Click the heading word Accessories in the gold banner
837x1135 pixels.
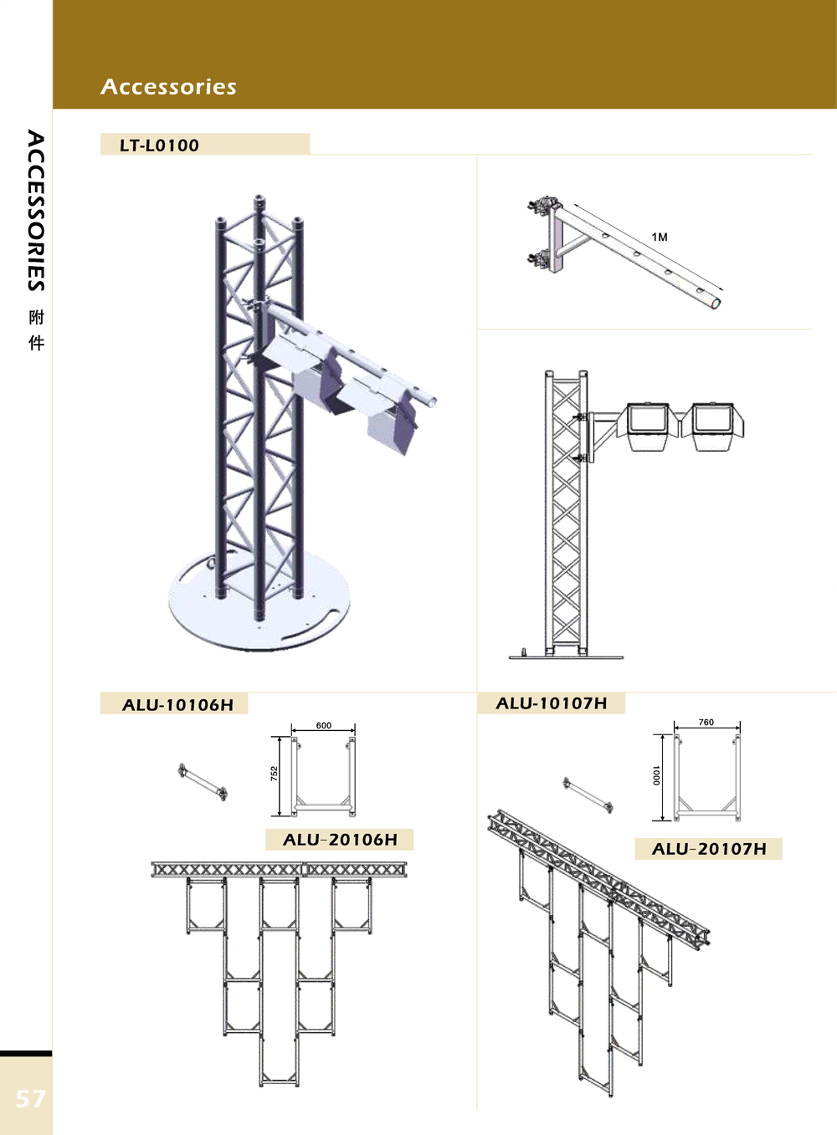point(168,87)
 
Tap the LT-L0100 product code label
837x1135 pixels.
point(159,146)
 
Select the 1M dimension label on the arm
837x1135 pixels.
point(660,237)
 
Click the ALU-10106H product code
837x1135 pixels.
point(177,705)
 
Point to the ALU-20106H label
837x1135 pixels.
point(340,840)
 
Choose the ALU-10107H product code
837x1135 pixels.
point(551,703)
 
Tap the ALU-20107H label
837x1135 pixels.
point(709,849)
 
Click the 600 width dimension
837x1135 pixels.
point(323,725)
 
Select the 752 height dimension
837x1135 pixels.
point(275,773)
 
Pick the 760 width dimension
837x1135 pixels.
point(706,722)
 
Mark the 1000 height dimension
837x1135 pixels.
point(656,775)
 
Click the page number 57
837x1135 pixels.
point(30,1098)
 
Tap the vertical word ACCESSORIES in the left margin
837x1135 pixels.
point(36,210)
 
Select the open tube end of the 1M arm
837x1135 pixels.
point(715,303)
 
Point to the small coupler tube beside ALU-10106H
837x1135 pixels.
point(203,783)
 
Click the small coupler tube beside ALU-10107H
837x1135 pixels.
point(588,796)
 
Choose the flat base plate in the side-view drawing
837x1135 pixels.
point(567,657)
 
